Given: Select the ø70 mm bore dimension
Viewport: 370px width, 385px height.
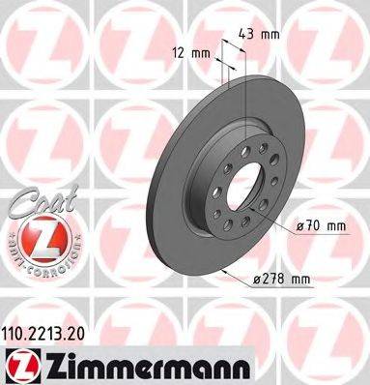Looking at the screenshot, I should pyautogui.click(x=322, y=225).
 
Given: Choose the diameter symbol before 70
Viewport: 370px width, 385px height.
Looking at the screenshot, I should pyautogui.click(x=300, y=226).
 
